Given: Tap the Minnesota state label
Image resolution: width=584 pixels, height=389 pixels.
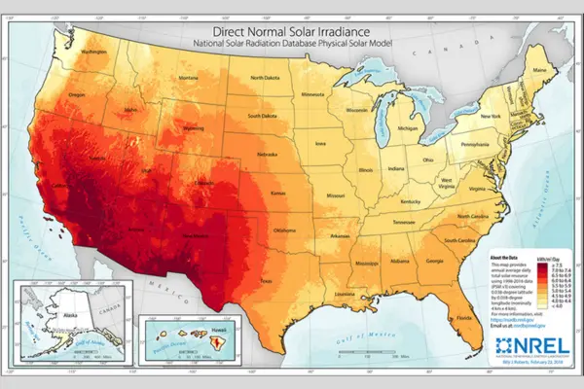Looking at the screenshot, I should (x=313, y=94).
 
